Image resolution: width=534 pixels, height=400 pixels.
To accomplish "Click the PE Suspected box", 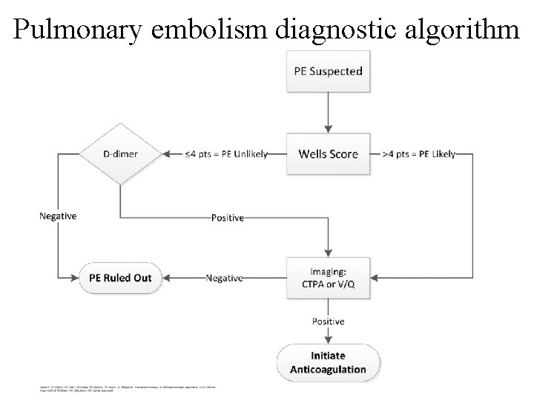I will click(328, 72).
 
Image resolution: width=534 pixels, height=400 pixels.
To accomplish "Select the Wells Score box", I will click(328, 154).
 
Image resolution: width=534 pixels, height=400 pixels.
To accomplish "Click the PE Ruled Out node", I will click(120, 278).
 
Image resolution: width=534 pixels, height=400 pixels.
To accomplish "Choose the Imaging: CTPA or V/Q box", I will click(328, 278).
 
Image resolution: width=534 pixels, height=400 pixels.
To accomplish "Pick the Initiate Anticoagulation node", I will click(328, 363).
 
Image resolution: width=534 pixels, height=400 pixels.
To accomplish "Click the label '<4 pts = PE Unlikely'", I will click(226, 154).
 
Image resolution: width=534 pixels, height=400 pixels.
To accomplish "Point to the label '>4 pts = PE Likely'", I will click(418, 154).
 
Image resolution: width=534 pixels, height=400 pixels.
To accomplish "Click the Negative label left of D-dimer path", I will click(58, 216).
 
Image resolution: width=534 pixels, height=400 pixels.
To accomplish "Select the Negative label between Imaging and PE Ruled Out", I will click(224, 278).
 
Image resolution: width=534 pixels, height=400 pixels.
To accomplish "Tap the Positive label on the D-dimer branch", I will click(228, 218).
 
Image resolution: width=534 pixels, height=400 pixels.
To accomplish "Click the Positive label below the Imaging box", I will click(328, 321).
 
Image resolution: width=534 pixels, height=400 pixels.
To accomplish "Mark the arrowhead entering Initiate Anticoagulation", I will click(328, 341).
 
